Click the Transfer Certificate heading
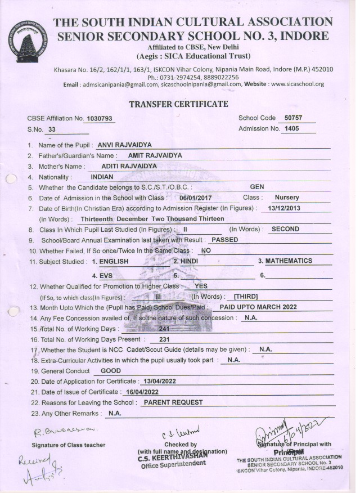point(178,104)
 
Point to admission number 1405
point(291,129)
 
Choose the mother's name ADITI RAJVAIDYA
point(129,166)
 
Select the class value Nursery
point(286,198)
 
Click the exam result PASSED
point(219,240)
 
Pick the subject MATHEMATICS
point(288,261)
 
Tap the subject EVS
point(106,276)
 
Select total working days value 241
point(164,328)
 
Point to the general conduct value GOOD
point(110,371)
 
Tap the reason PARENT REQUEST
point(173,402)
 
